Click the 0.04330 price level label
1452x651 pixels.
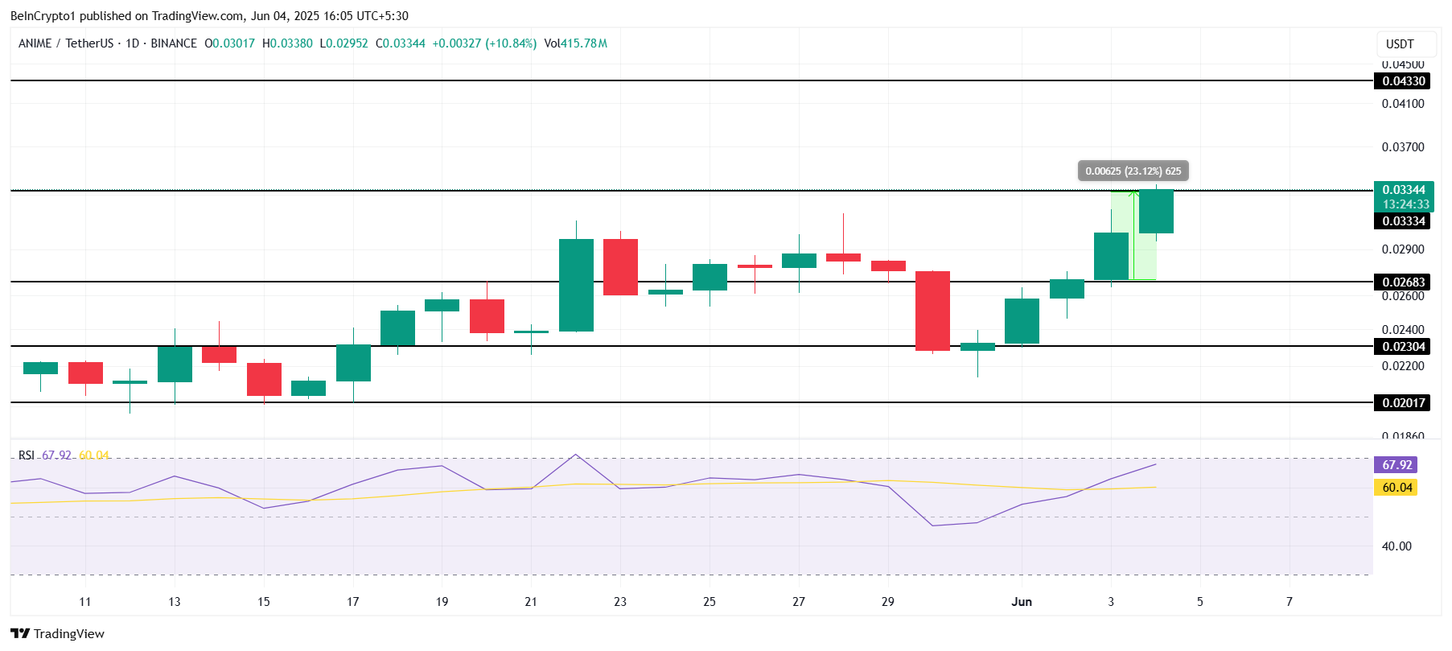pyautogui.click(x=1403, y=80)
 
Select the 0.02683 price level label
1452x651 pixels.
pyautogui.click(x=1403, y=282)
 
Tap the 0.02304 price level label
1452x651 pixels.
pyautogui.click(x=1403, y=347)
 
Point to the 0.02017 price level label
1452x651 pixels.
pyautogui.click(x=1403, y=402)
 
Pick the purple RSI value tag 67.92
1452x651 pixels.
pyautogui.click(x=1397, y=465)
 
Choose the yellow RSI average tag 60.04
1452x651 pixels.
pyautogui.click(x=1397, y=488)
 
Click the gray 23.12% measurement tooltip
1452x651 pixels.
pyautogui.click(x=1133, y=171)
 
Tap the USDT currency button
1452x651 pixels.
pyautogui.click(x=1400, y=44)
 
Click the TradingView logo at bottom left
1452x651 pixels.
pyautogui.click(x=58, y=633)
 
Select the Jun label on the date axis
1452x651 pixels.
pyautogui.click(x=1022, y=602)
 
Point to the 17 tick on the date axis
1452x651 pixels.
pyautogui.click(x=352, y=602)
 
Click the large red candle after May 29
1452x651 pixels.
pyautogui.click(x=933, y=311)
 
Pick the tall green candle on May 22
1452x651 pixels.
pyautogui.click(x=576, y=285)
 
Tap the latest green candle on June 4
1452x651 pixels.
pyautogui.click(x=1156, y=212)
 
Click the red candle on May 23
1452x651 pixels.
pyautogui.click(x=620, y=267)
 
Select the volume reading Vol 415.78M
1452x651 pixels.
pyautogui.click(x=575, y=43)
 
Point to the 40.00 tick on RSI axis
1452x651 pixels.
pyautogui.click(x=1396, y=546)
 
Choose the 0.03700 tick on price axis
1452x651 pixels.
pyautogui.click(x=1402, y=147)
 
